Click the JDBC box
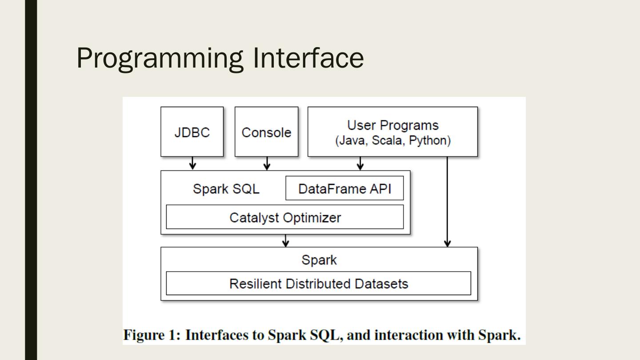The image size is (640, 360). [192, 132]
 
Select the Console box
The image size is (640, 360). [266, 132]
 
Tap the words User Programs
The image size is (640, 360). [392, 125]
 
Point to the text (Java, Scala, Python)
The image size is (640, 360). [393, 141]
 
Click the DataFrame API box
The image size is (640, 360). [344, 188]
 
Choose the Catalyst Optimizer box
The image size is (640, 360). [285, 217]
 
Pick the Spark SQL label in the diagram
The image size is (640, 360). [226, 189]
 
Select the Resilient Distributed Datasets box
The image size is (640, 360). [318, 284]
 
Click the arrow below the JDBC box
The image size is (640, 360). [192, 163]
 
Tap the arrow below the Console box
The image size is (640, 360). [267, 163]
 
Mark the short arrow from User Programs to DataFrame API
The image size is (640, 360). [360, 163]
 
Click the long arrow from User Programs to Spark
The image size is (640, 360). [448, 202]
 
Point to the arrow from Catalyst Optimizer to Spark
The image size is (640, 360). [286, 240]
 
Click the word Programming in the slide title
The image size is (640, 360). [160, 58]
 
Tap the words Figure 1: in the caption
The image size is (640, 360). [152, 335]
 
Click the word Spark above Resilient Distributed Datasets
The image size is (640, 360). [319, 260]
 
